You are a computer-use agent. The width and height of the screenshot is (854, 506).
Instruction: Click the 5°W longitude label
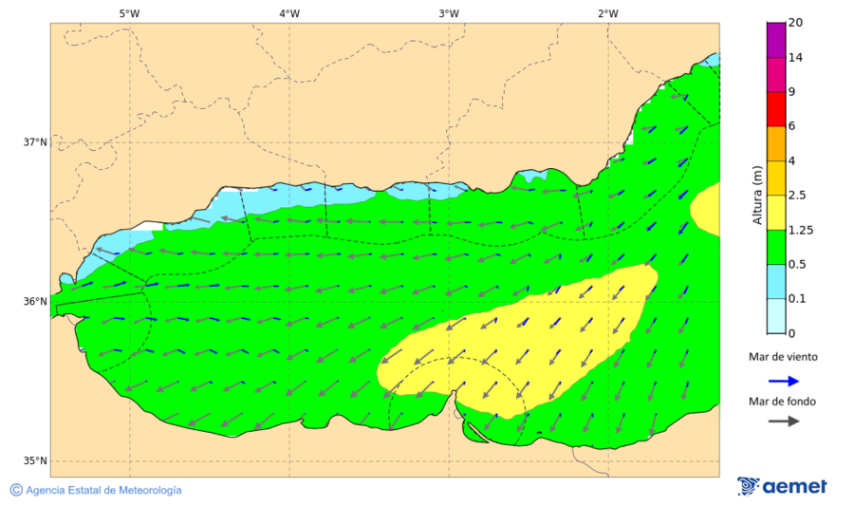coord(129,13)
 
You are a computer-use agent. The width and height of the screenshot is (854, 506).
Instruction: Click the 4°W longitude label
coord(289,13)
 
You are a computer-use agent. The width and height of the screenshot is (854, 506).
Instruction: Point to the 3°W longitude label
coord(449,13)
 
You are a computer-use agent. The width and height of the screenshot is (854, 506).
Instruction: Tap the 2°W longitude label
coord(608,13)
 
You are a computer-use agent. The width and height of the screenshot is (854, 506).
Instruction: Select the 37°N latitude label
coord(35,142)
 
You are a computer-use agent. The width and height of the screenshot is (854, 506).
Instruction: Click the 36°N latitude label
coord(35,302)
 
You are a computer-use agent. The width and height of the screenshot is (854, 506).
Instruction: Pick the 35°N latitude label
coord(35,461)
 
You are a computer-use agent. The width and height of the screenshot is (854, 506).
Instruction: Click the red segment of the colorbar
coord(775,108)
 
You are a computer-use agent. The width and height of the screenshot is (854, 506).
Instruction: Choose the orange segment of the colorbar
coord(775,143)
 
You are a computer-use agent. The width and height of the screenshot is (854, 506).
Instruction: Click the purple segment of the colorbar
coord(775,39)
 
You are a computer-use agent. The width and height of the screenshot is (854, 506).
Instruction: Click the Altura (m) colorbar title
coord(757,195)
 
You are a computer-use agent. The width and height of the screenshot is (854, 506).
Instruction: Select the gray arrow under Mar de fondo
coord(782,421)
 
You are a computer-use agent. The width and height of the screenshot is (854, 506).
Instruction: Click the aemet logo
coord(782,486)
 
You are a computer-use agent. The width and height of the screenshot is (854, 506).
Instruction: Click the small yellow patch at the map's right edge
coord(706,209)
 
